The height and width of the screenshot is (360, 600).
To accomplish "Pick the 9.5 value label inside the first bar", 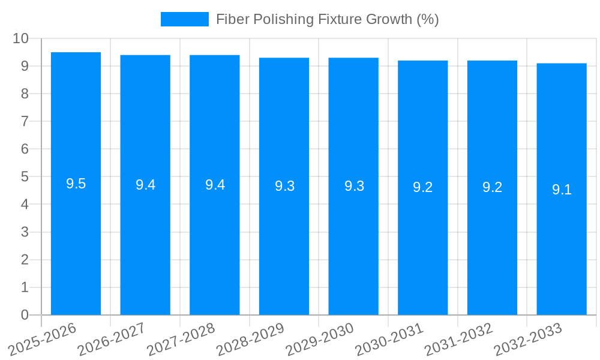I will pyautogui.click(x=76, y=184).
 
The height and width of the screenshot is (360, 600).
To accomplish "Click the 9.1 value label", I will pyautogui.click(x=562, y=190).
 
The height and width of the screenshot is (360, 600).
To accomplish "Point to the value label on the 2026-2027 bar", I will pyautogui.click(x=145, y=185).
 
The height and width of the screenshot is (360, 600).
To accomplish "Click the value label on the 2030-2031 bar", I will pyautogui.click(x=423, y=187).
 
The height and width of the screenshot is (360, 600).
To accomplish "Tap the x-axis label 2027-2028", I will pyautogui.click(x=181, y=338).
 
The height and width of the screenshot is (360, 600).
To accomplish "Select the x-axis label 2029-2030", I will pyautogui.click(x=320, y=338).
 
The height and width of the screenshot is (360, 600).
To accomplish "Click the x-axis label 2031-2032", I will pyautogui.click(x=458, y=338).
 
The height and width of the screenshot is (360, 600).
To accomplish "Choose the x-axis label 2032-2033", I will pyautogui.click(x=528, y=338).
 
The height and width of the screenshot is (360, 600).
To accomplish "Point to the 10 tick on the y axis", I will pyautogui.click(x=20, y=38).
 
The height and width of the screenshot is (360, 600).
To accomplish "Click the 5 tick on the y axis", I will pyautogui.click(x=25, y=177).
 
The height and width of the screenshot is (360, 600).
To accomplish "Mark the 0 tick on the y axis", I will pyautogui.click(x=25, y=315).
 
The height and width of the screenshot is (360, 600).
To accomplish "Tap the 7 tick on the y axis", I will pyautogui.click(x=25, y=121).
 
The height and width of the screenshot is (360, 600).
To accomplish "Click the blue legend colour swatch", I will pyautogui.click(x=184, y=19).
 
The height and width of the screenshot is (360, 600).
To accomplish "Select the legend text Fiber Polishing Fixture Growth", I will pyautogui.click(x=327, y=19).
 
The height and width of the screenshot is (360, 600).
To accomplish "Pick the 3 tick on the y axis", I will pyautogui.click(x=25, y=232).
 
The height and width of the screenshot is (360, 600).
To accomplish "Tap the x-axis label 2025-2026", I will pyautogui.click(x=43, y=338).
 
